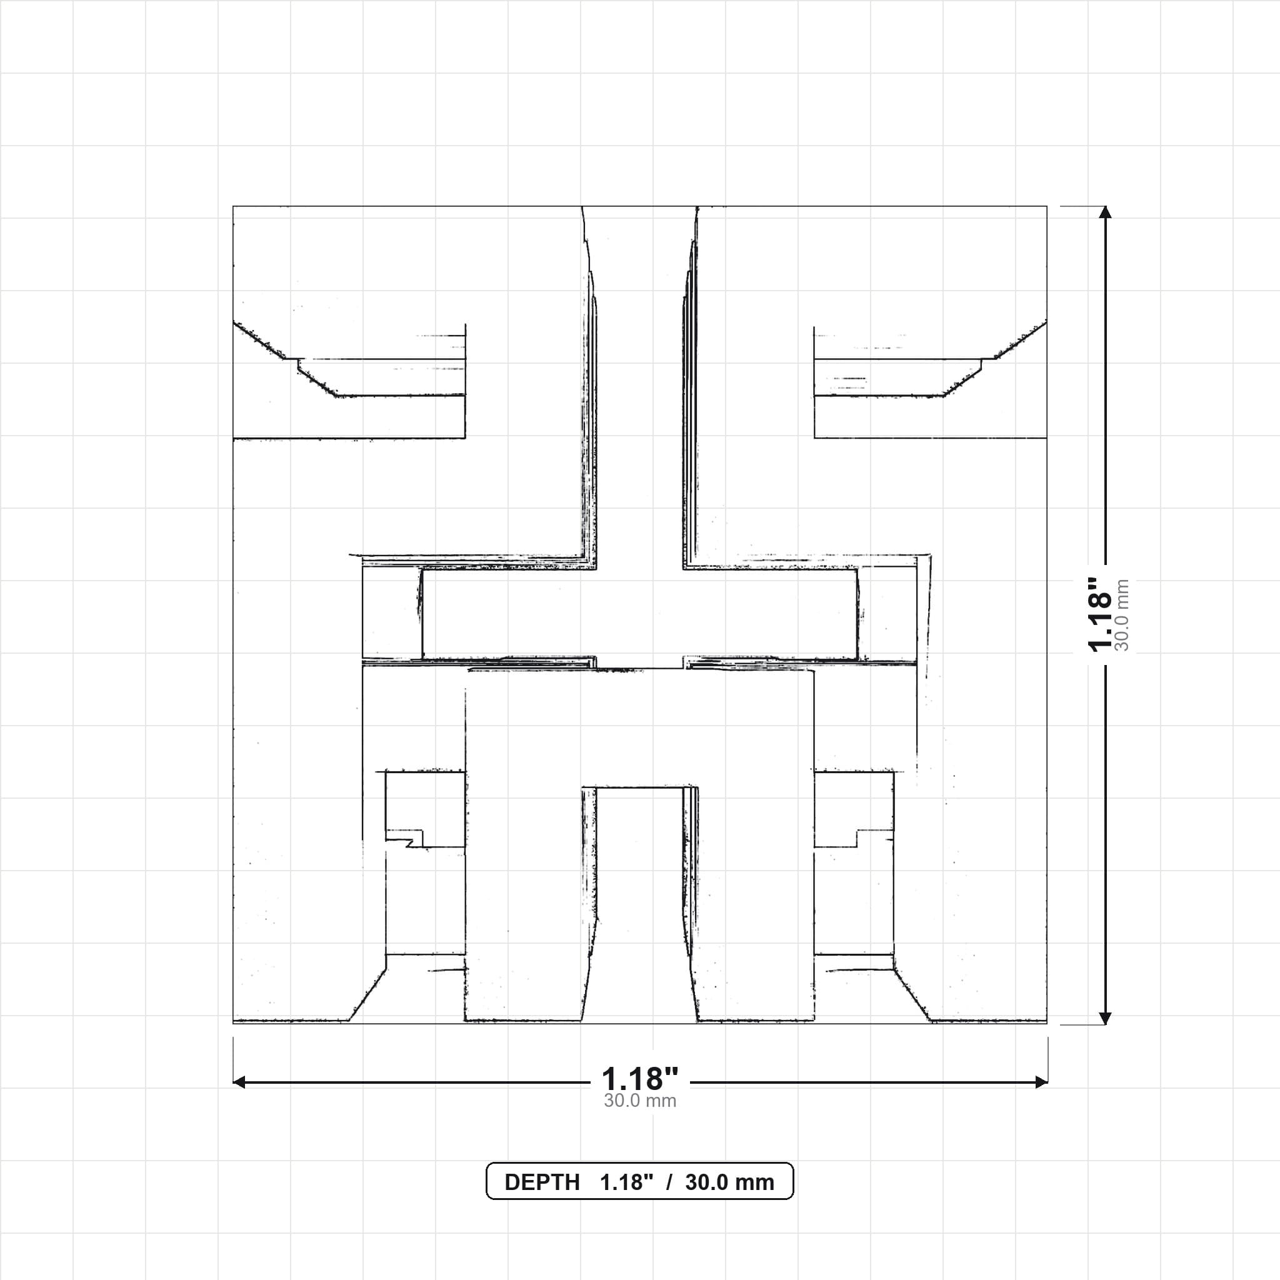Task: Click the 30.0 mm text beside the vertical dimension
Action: point(1122,615)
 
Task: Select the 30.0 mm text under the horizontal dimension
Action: point(640,1101)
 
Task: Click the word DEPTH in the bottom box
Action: point(542,1182)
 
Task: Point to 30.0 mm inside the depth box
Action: point(729,1182)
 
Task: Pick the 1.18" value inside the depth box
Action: point(627,1182)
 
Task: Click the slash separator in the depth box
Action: point(669,1182)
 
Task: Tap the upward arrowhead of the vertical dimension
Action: point(1105,212)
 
